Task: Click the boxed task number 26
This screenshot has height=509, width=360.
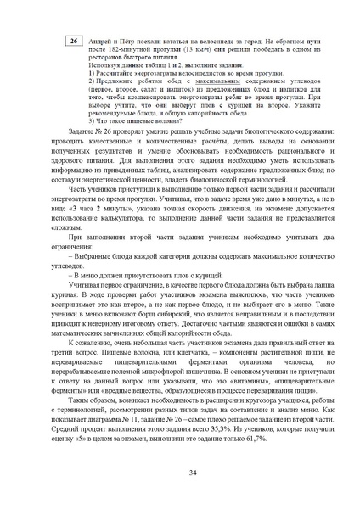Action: (73, 42)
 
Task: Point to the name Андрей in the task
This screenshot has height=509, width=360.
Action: (100, 39)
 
